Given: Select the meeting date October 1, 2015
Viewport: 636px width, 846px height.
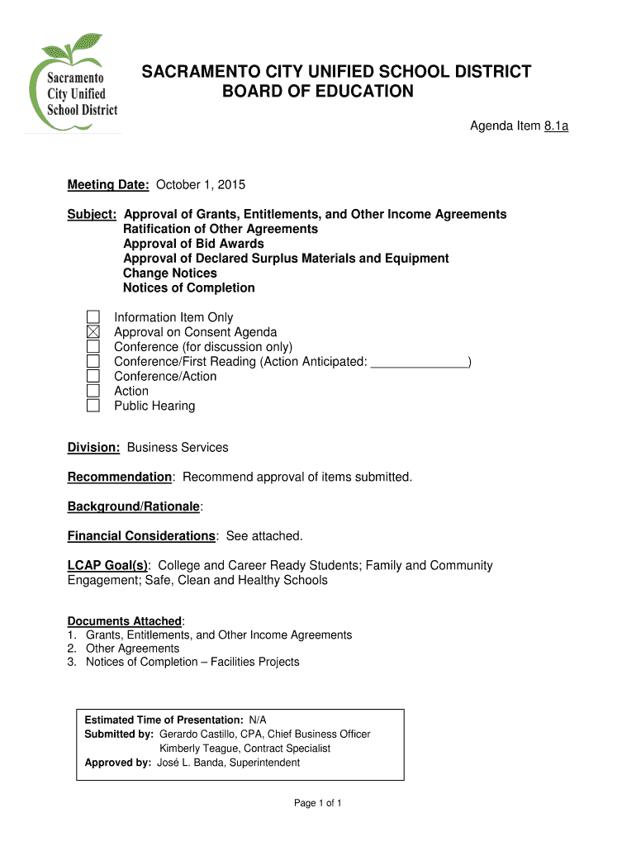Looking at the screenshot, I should [201, 184].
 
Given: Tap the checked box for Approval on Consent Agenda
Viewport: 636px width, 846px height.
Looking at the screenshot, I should [93, 332].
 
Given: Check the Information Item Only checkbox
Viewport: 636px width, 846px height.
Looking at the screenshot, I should [93, 317].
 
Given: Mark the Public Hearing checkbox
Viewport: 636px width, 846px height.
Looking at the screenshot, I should [93, 406].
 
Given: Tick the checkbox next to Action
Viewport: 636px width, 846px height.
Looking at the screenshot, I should [93, 391].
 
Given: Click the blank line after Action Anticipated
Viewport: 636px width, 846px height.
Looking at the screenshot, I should [419, 363].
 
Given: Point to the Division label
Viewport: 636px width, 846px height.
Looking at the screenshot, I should [93, 448].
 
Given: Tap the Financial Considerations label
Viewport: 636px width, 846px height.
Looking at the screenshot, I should [141, 536].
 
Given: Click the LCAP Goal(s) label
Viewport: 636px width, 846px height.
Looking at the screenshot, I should [108, 566].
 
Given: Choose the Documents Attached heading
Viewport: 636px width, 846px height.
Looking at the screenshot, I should [125, 621].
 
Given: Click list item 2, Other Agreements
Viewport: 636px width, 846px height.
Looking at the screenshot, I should [132, 649].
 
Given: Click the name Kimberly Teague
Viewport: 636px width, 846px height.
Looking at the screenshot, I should [200, 749].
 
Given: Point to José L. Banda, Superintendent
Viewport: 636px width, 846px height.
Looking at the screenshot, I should [229, 763].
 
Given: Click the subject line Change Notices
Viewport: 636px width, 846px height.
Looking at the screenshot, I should [170, 273].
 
